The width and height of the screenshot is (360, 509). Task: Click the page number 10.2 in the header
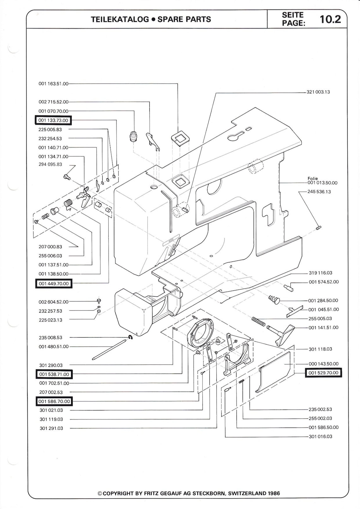[x=330, y=19]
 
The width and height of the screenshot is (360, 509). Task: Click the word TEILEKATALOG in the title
[x=120, y=19]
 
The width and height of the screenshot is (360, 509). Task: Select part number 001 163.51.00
[x=53, y=84]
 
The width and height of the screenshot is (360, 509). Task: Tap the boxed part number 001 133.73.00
[x=53, y=120]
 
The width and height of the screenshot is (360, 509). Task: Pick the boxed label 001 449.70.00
[x=54, y=284]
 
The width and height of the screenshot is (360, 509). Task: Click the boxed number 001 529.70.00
[x=323, y=373]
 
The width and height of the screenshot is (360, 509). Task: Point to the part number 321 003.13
[x=318, y=92]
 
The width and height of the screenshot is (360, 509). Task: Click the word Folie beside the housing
[x=313, y=178]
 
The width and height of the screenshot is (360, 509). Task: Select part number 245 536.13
[x=319, y=192]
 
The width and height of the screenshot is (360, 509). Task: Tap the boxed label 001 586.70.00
[x=54, y=401]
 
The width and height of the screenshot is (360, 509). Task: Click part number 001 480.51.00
[x=53, y=347]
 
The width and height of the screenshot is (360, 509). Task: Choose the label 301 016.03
[x=320, y=436]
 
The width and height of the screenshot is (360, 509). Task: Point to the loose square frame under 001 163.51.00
[x=179, y=138]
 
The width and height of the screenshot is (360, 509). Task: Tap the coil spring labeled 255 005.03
[x=259, y=322]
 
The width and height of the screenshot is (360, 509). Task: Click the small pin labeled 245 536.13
[x=318, y=227]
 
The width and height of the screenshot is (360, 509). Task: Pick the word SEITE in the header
[x=292, y=15]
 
